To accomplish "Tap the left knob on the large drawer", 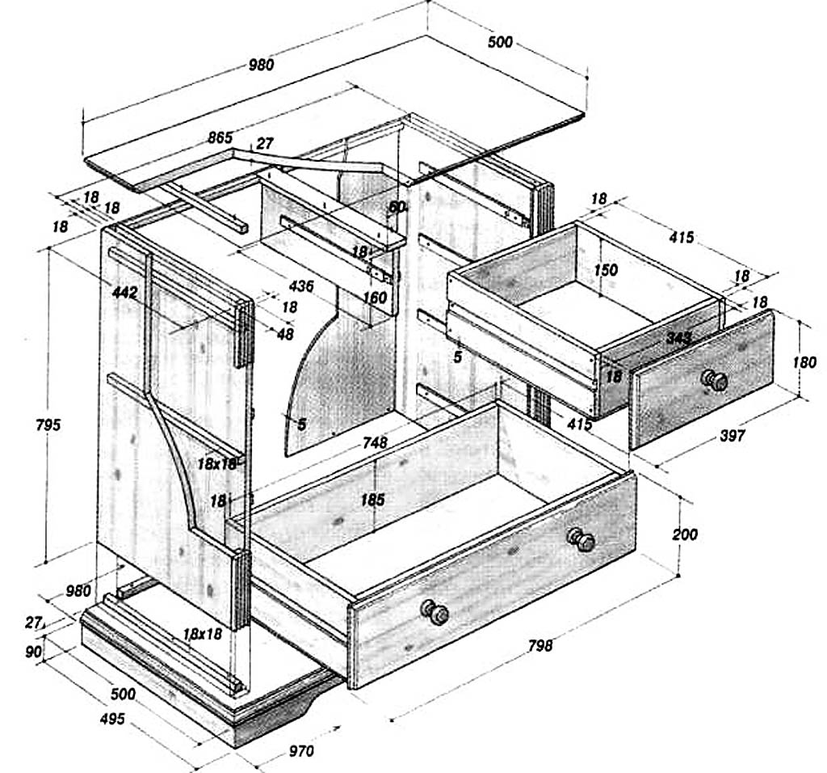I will [435, 612].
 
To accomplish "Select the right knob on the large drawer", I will [581, 539].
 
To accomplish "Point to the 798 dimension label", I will [539, 645].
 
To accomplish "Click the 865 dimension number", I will [220, 137].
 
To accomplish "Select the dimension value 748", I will [375, 442].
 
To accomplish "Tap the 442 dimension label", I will [125, 292].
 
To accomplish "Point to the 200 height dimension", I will [684, 534].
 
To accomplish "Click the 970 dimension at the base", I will [300, 751].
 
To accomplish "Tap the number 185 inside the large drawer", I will [372, 500].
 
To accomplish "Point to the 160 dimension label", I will [375, 298].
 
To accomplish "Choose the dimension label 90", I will [33, 652].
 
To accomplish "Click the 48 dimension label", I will [285, 332].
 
